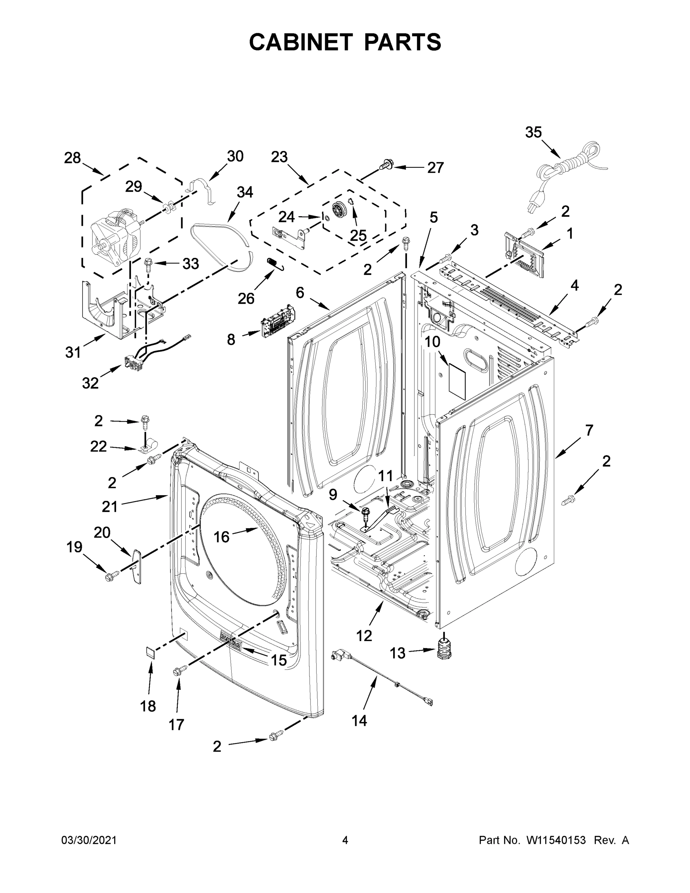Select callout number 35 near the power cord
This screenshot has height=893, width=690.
533,133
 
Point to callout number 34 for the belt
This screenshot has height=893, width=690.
245,192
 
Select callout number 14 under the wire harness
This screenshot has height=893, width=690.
359,721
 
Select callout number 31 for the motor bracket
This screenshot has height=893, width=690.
73,352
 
